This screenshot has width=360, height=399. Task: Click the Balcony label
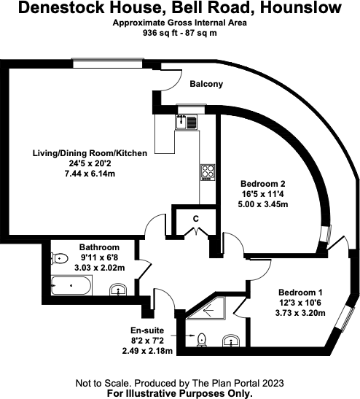point(206,85)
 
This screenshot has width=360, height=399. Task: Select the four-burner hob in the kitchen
point(207,172)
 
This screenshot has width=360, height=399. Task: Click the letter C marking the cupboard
point(195,218)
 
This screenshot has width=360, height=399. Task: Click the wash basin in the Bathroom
point(118,292)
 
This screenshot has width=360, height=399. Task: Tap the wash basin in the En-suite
point(232,340)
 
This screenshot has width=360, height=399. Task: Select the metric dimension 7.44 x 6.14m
point(90,175)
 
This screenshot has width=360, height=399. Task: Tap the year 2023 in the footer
point(269,383)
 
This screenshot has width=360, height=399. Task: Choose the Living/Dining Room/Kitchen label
point(90,153)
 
